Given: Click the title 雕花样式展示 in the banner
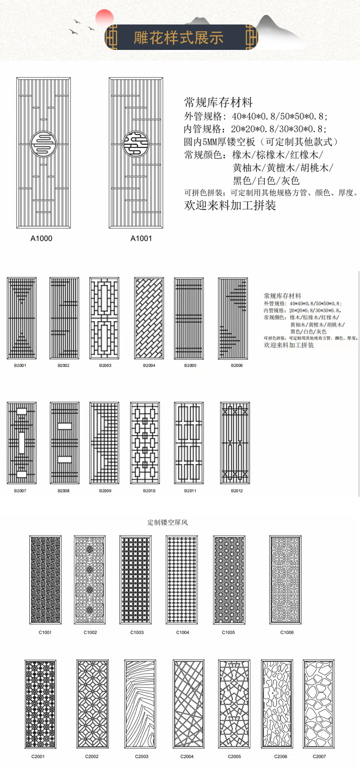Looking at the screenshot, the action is click(179, 37).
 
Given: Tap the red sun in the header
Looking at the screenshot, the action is click(104, 18).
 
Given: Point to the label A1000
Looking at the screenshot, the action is click(41, 239).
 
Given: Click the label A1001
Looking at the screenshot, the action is click(141, 239).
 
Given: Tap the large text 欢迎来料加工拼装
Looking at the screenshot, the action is click(230, 205).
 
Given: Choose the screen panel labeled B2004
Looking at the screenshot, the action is click(149, 318).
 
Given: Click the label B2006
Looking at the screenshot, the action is click(237, 366).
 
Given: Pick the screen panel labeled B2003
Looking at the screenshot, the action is click(104, 318).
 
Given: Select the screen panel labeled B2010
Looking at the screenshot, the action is click(145, 443).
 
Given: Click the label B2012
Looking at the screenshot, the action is click(237, 491).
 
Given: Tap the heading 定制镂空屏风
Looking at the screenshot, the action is click(168, 522).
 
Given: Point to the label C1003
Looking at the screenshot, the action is click(137, 633).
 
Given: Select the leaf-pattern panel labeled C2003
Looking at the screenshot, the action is click(140, 704).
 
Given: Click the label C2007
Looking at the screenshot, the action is click(319, 757).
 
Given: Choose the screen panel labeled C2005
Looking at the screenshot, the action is click(234, 704).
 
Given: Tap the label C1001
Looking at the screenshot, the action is click(45, 633).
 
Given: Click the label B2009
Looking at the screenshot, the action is click(105, 491).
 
